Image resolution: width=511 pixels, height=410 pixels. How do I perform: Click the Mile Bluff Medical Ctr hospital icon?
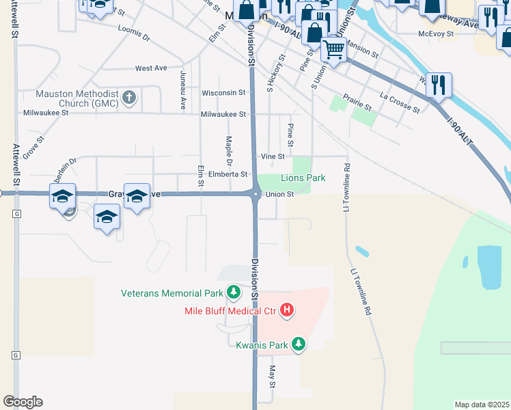click(x=288, y=311)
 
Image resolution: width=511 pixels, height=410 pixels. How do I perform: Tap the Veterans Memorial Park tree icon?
click(x=234, y=293)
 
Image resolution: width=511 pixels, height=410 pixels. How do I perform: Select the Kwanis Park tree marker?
click(x=298, y=344)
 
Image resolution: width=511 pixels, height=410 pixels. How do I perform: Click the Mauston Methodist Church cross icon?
click(x=129, y=97)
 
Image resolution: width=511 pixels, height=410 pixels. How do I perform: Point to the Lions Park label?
click(x=303, y=178)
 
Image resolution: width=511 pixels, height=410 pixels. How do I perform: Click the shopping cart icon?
click(x=333, y=49)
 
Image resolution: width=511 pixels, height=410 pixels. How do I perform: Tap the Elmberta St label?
click(x=227, y=174)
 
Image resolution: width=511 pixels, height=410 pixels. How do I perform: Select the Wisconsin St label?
click(x=223, y=92)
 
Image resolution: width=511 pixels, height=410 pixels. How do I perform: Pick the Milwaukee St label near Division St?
click(x=223, y=115)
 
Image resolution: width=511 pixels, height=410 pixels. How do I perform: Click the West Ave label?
click(x=151, y=68)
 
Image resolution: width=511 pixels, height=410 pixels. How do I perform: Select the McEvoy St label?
click(x=437, y=33)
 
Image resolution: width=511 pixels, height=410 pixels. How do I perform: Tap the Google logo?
click(x=23, y=402)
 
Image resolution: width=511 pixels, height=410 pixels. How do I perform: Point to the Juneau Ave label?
click(x=182, y=90)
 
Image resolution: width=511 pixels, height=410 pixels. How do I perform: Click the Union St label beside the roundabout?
click(x=279, y=194)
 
